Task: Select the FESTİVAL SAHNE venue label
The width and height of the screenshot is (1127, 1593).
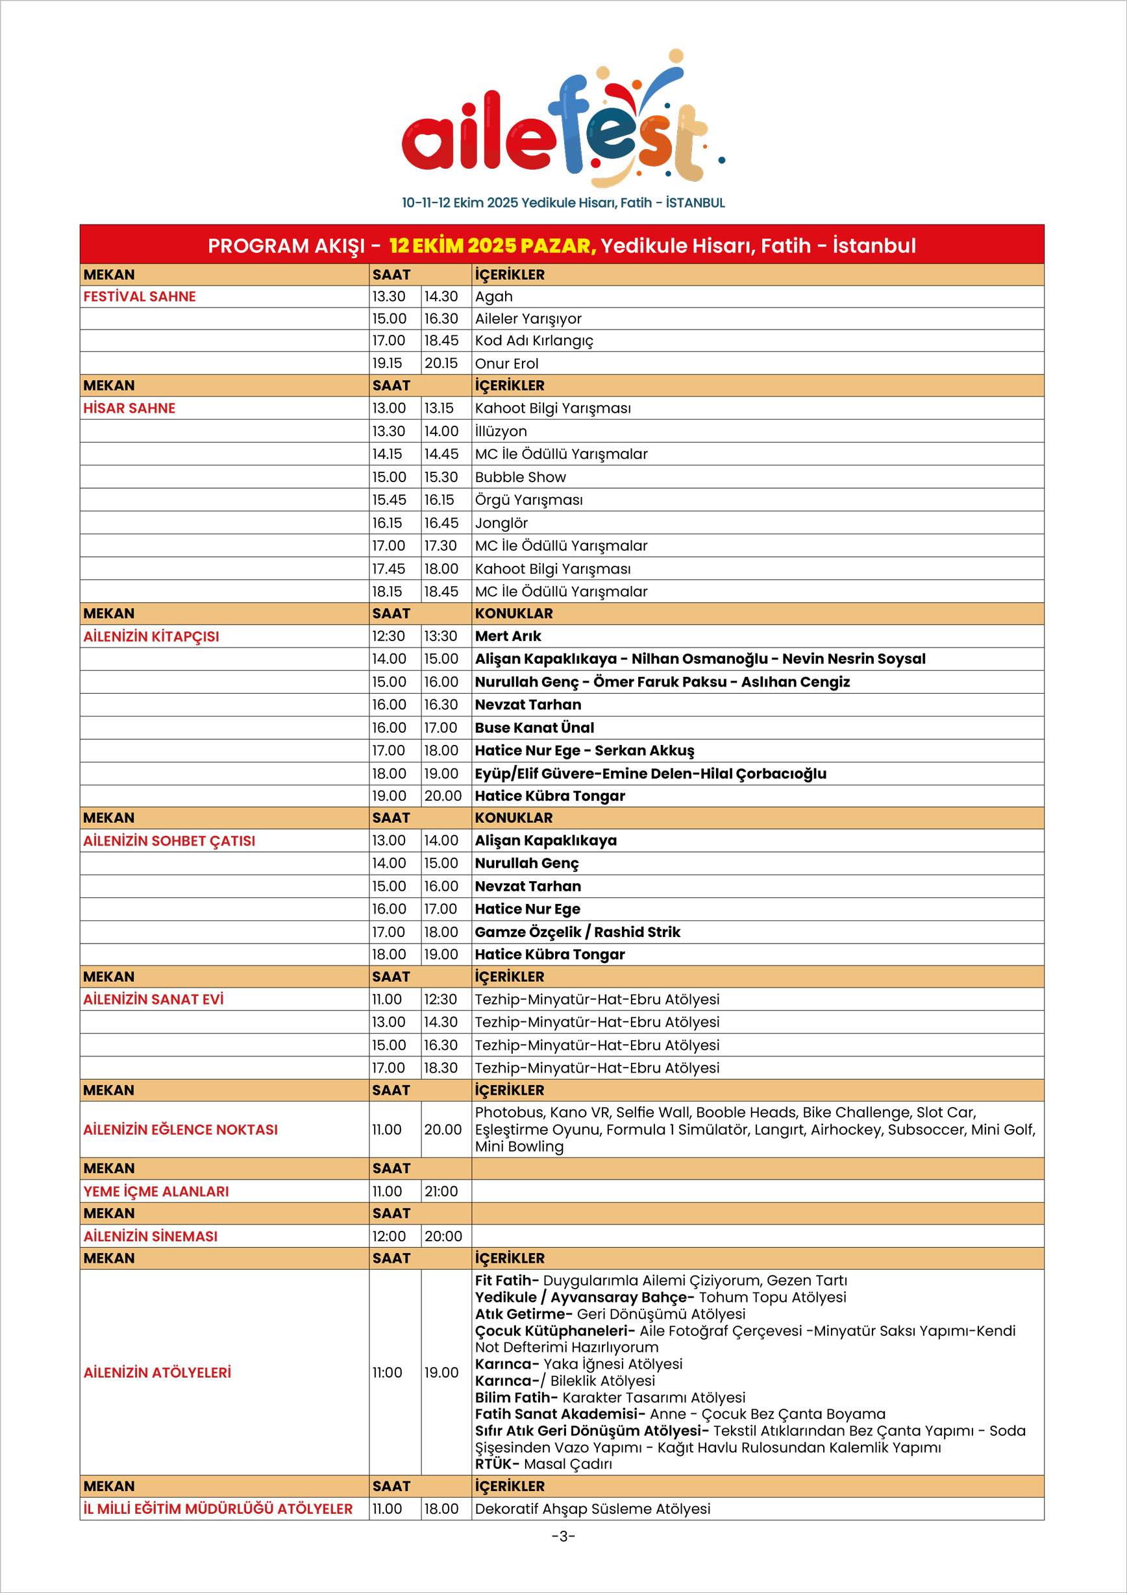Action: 140,297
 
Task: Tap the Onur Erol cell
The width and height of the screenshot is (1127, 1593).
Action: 506,363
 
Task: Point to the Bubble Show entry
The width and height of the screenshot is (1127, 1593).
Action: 521,478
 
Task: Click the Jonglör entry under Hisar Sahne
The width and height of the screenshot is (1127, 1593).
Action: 501,523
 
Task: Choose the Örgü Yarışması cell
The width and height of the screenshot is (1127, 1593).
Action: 529,500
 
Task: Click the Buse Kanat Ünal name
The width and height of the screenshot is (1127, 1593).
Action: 534,728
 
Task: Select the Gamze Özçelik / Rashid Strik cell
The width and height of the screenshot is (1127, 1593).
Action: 577,932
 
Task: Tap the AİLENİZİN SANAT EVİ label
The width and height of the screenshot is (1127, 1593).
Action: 153,999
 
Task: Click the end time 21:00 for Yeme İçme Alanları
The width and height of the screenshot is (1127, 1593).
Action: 441,1191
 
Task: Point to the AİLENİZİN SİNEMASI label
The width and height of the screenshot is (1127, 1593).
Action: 151,1236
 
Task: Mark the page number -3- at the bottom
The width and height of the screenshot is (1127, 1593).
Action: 563,1535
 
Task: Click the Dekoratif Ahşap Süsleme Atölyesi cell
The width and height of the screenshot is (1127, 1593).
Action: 593,1509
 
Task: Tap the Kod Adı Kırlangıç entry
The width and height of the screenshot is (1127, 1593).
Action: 534,341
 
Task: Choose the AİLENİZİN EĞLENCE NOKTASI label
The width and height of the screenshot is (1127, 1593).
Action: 180,1130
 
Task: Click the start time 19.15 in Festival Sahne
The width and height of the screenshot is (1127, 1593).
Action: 387,363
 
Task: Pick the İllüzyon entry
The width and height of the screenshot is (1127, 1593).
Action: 501,432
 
